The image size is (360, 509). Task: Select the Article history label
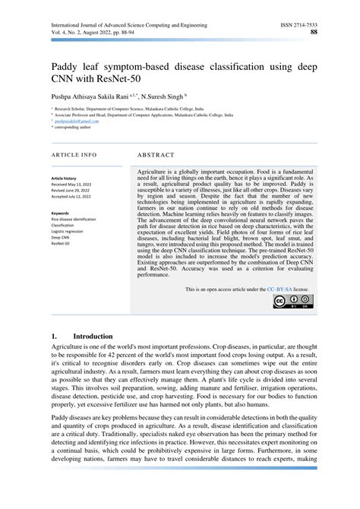65,176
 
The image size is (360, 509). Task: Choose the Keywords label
61,213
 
